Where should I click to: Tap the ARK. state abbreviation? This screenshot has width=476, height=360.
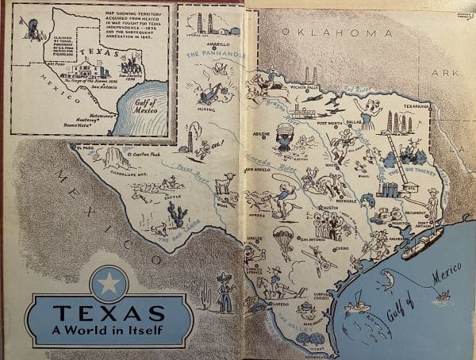click(x=440, y=72)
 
